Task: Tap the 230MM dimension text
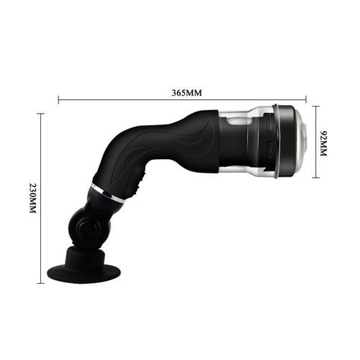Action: [x=32, y=197]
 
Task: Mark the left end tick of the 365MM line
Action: [x=58, y=100]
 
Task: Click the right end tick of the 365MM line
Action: [x=306, y=100]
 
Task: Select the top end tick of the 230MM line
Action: [x=41, y=114]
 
